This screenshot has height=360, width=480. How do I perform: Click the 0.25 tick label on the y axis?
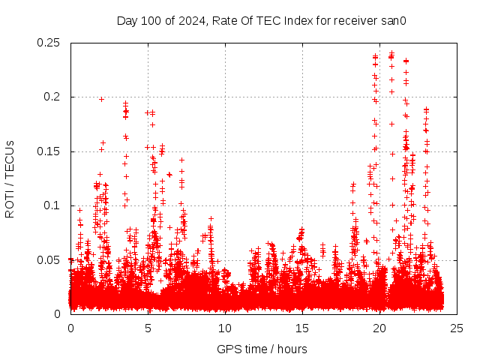click(x=49, y=43)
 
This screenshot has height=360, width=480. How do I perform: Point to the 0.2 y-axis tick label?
click(x=53, y=97)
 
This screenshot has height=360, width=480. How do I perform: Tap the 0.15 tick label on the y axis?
click(x=49, y=151)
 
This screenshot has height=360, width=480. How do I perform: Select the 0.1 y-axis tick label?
click(x=53, y=205)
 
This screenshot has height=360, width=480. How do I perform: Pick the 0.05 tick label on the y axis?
click(x=49, y=260)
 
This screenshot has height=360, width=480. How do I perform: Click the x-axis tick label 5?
click(x=148, y=328)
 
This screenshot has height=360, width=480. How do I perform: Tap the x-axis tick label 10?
click(x=225, y=328)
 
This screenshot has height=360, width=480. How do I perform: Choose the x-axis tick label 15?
click(x=302, y=328)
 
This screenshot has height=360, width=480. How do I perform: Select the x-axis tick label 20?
click(x=379, y=328)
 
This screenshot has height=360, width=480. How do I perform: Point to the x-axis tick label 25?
click(x=457, y=328)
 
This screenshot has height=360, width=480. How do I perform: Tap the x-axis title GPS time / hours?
click(x=262, y=349)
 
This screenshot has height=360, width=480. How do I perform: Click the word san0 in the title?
click(x=394, y=20)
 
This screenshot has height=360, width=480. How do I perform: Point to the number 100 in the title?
click(x=150, y=20)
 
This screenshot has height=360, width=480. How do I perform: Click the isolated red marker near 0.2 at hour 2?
click(x=101, y=99)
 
